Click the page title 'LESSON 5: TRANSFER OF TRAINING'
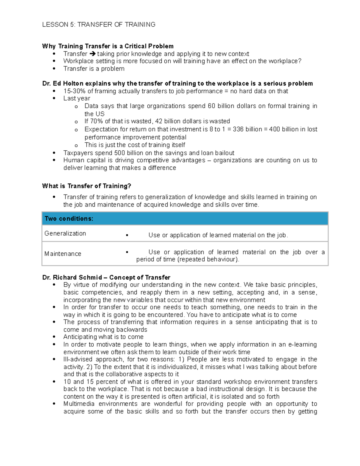tap(99, 25)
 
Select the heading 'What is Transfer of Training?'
tap(87, 186)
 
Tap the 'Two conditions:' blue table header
tap(69, 219)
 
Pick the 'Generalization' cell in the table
tap(65, 233)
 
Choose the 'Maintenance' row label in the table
tap(63, 254)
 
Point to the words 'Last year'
tap(76, 98)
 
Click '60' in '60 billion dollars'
tap(211, 106)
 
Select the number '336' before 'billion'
tap(238, 129)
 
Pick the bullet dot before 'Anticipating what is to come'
tap(54, 337)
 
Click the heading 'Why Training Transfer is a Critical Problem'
tap(108, 46)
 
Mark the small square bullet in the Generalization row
tap(127, 236)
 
